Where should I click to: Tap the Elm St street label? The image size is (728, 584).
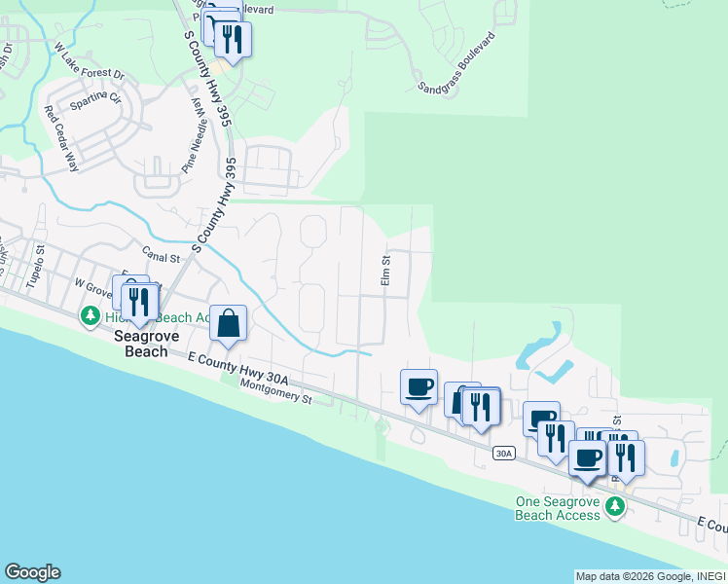[386, 270]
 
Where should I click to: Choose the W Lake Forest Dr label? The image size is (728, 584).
[91, 60]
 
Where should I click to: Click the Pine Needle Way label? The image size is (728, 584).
[195, 139]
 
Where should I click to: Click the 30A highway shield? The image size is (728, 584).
[502, 454]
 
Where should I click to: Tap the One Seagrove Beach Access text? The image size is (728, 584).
[558, 508]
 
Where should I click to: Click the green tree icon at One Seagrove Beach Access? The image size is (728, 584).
[614, 506]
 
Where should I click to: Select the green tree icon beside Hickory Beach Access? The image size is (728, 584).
[91, 316]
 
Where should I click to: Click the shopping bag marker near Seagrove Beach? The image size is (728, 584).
[228, 323]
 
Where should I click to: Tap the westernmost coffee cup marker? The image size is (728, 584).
[419, 387]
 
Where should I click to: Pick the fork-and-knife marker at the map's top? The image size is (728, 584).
[232, 39]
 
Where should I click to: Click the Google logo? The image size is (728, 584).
[32, 572]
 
